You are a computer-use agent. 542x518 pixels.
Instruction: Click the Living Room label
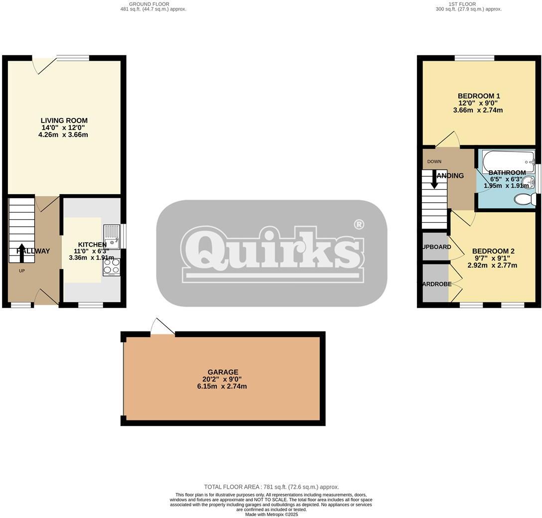pyautogui.click(x=64, y=121)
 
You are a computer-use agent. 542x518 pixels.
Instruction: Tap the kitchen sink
pyautogui.click(x=111, y=237)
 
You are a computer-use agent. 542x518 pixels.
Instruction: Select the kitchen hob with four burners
pyautogui.click(x=112, y=266)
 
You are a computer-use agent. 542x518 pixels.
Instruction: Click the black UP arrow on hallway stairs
pyautogui.click(x=21, y=252)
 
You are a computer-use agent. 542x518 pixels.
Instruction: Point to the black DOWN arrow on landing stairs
pyautogui.click(x=434, y=179)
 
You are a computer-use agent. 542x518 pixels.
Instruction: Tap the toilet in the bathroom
pyautogui.click(x=525, y=200)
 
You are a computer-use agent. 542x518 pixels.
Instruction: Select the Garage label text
pyautogui.click(x=223, y=372)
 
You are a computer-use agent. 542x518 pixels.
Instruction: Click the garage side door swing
pyautogui.click(x=162, y=327)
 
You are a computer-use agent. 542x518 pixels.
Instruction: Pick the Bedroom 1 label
pyautogui.click(x=479, y=96)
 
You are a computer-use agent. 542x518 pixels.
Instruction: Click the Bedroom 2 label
pyautogui.click(x=493, y=252)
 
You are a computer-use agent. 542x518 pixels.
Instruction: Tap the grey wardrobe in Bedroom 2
pyautogui.click(x=435, y=283)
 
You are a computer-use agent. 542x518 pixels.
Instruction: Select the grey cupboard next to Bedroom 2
pyautogui.click(x=435, y=247)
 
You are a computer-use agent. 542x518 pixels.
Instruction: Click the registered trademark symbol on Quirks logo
pyautogui.click(x=359, y=225)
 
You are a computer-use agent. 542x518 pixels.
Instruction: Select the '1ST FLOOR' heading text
pyautogui.click(x=468, y=4)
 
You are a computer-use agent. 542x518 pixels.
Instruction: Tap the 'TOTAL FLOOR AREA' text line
pyautogui.click(x=271, y=487)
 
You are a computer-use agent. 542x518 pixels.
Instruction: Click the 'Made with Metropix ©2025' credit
pyautogui.click(x=271, y=515)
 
